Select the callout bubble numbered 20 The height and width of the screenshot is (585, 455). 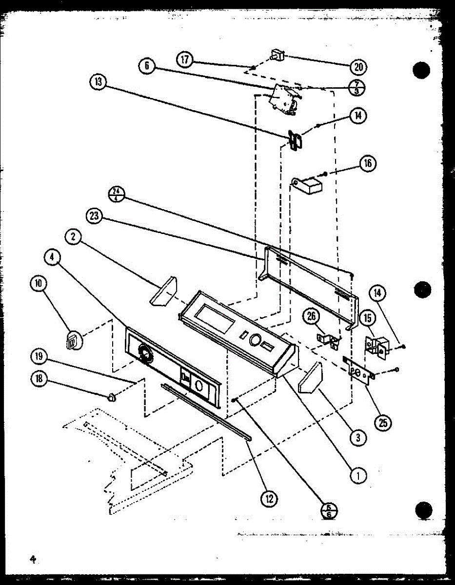[358, 67]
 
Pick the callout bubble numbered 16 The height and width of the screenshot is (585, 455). [367, 163]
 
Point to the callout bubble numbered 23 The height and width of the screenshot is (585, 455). [96, 216]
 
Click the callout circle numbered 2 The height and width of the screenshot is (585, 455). [73, 237]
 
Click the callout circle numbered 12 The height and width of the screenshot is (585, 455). [269, 498]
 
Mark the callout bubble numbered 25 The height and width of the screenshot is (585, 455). [383, 423]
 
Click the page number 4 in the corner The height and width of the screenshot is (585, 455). [33, 559]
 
